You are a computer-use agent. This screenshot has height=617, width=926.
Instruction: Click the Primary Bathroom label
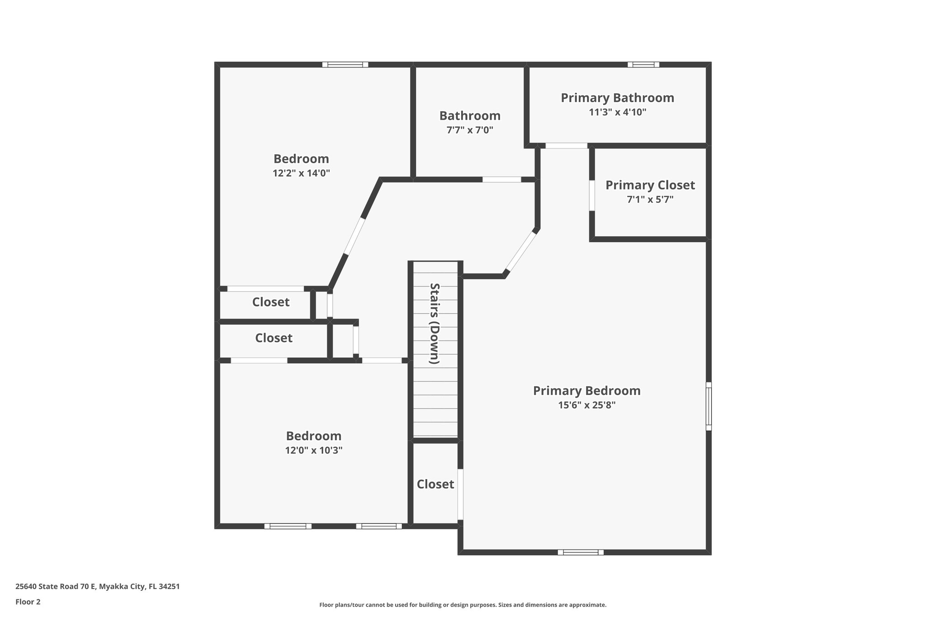617,98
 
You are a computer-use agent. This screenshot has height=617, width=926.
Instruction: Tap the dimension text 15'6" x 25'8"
586,405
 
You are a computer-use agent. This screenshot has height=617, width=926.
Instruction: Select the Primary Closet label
650,185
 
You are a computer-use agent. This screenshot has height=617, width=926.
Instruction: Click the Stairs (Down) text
435,324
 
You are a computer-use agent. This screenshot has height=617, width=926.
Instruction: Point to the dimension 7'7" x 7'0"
469,130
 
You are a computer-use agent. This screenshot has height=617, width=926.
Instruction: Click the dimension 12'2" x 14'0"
301,173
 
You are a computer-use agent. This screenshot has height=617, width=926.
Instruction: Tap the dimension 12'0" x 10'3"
313,450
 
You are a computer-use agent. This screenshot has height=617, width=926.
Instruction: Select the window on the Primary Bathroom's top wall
643,65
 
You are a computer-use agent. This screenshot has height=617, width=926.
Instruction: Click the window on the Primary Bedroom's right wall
709,406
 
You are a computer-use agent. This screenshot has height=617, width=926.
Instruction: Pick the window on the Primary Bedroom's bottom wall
580,552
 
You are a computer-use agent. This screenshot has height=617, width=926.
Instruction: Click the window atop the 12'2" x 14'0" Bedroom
345,65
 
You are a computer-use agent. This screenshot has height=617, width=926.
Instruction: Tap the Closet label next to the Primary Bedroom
435,484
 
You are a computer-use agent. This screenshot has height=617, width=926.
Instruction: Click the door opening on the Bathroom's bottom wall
501,179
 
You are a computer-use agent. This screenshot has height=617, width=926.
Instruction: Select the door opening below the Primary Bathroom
566,146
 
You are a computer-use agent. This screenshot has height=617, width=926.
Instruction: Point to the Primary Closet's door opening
592,195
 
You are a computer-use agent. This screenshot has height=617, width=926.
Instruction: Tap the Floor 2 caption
28,602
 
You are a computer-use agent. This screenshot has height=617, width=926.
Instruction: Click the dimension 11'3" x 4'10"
617,112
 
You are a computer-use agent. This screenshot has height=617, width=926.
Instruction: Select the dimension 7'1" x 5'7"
650,199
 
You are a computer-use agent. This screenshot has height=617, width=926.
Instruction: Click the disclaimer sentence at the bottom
463,605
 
